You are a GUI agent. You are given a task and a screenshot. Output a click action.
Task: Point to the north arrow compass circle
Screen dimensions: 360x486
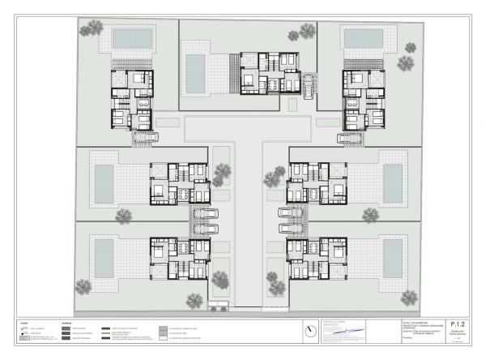click(312, 331)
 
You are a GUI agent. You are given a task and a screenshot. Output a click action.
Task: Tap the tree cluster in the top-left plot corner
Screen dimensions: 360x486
click(92, 28)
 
